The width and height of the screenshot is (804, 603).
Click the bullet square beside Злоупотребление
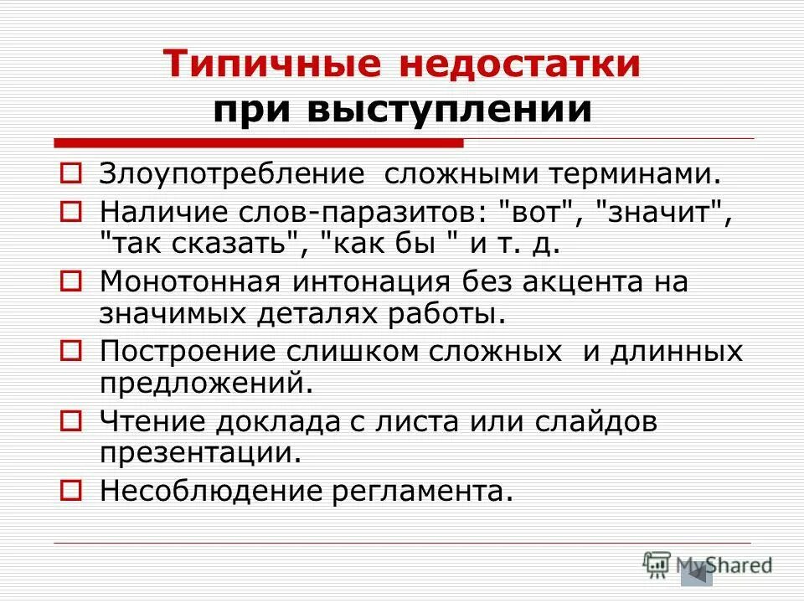(71, 173)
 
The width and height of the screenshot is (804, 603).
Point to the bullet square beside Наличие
(71, 211)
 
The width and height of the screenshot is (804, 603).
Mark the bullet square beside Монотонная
(71, 279)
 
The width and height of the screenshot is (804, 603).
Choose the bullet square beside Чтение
(71, 418)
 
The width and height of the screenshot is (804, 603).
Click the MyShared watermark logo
(708, 566)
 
